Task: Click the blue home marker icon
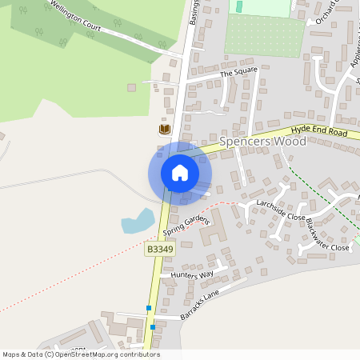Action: click(180, 173)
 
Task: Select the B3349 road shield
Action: click(159, 250)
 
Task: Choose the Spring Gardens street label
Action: click(186, 226)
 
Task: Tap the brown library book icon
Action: click(165, 129)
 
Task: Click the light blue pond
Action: click(138, 221)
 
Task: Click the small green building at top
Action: click(239, 6)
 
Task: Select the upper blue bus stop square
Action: click(149, 308)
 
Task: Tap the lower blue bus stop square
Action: click(153, 327)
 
